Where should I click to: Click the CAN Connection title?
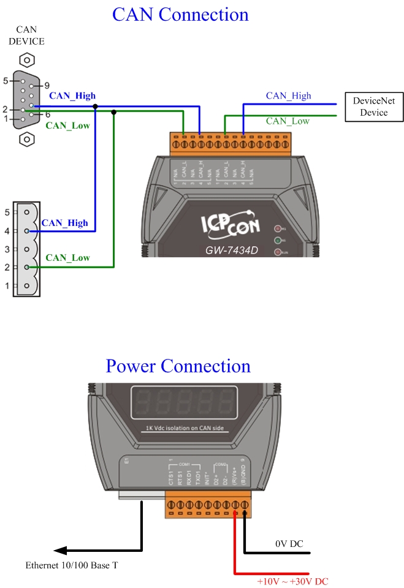(180, 14)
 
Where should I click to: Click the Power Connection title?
(178, 366)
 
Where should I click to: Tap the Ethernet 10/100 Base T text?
(71, 565)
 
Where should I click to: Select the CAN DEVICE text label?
(30, 36)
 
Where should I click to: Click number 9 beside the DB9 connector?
(47, 86)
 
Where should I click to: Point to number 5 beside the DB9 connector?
(6, 81)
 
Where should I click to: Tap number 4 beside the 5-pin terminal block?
(7, 231)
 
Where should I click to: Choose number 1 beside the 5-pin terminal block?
(7, 286)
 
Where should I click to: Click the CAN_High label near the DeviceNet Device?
(288, 96)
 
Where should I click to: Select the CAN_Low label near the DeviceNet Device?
(288, 121)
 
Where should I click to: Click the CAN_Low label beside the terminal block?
(67, 258)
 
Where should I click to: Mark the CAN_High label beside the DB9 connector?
(72, 96)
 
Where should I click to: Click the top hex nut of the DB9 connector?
(26, 61)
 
